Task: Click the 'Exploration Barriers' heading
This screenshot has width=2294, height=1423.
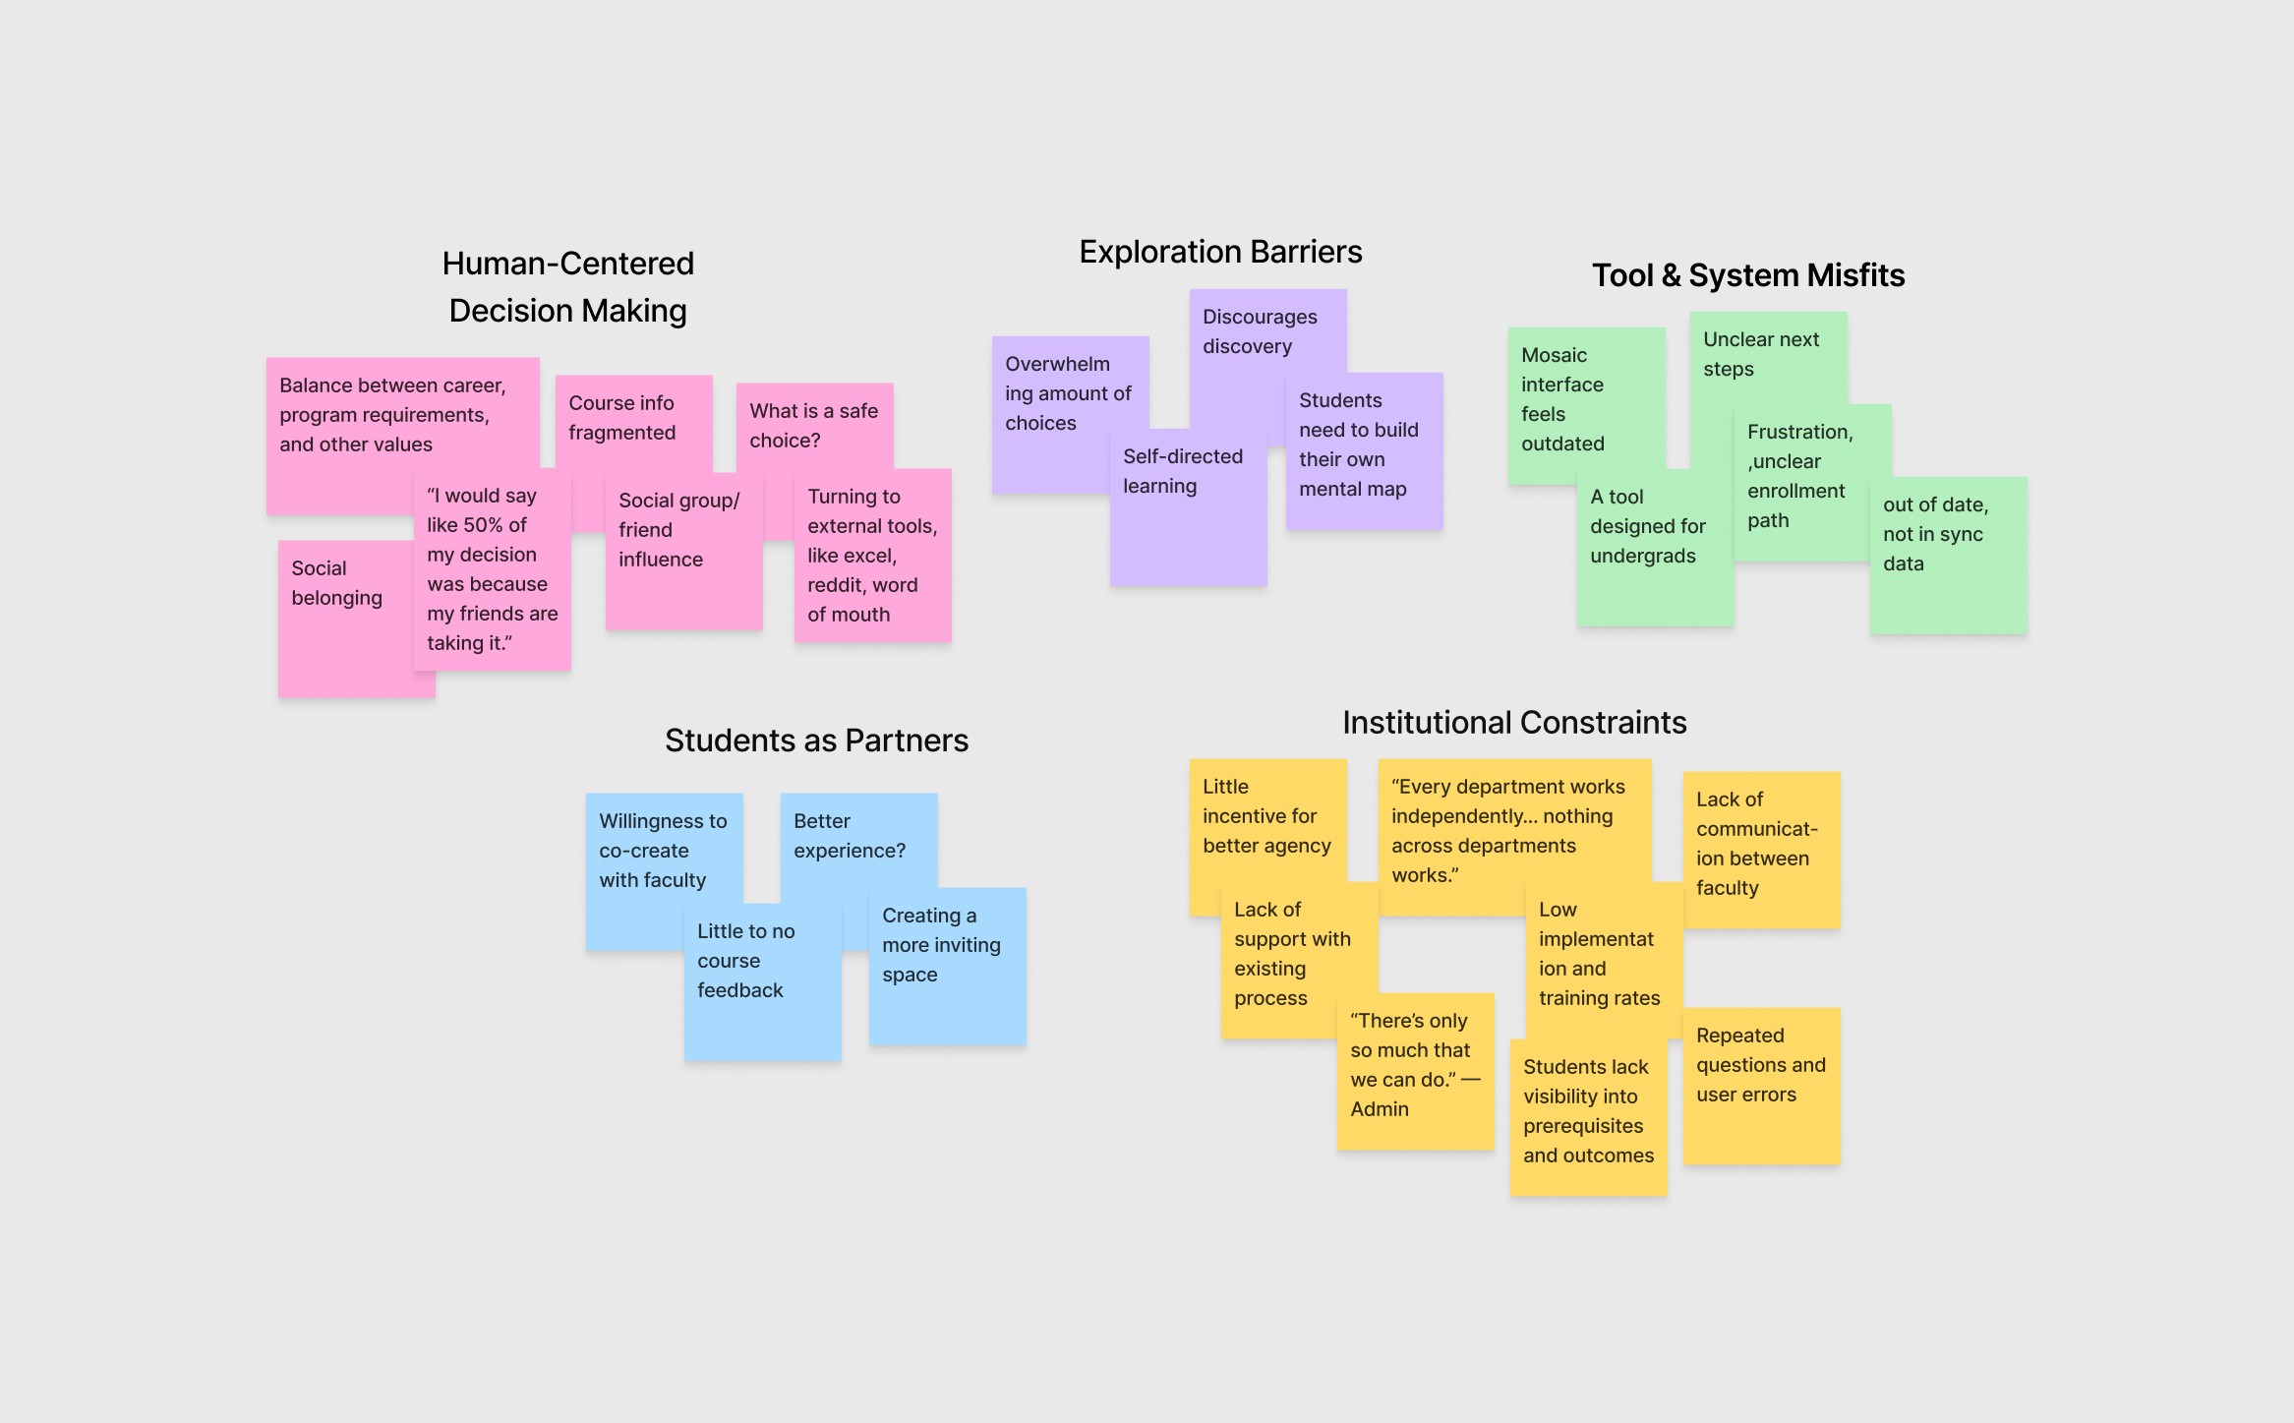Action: [1220, 253]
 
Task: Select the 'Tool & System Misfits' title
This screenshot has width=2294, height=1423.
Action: [1748, 276]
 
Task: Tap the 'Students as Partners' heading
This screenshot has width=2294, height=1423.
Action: [816, 741]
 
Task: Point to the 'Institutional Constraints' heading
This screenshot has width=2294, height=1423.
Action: [1514, 723]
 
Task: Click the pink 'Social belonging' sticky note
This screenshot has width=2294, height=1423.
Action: [337, 583]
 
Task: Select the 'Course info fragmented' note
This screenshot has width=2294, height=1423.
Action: [622, 418]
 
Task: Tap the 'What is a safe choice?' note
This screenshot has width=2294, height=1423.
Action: [813, 426]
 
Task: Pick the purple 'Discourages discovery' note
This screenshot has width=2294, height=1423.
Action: [1260, 331]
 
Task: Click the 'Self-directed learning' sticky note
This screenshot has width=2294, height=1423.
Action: [1183, 471]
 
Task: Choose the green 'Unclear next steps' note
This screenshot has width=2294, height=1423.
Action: [1760, 354]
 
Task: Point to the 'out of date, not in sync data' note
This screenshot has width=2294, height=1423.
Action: [1935, 534]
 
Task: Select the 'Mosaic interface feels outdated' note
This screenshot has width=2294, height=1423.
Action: [1562, 399]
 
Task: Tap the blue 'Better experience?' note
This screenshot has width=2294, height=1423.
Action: [849, 836]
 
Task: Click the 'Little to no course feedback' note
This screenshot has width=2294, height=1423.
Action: [745, 961]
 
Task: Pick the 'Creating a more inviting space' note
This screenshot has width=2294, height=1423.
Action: [941, 945]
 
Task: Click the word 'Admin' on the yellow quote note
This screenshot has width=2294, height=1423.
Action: [1380, 1109]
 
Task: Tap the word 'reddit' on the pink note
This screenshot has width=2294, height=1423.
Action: [836, 585]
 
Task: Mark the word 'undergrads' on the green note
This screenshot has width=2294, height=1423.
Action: [1642, 556]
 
